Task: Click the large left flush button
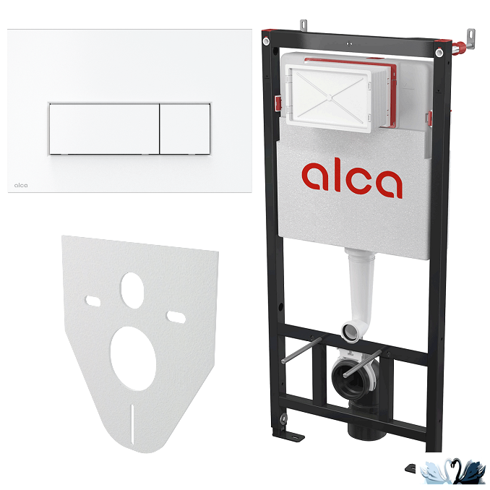[104, 129]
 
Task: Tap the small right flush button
[185, 129]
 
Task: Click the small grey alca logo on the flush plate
[21, 185]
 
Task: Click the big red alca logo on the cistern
[352, 178]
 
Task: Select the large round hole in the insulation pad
[133, 358]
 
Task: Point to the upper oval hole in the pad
[132, 291]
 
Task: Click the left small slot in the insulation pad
[93, 301]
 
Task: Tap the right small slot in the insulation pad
[176, 317]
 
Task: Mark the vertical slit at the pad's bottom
[132, 424]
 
